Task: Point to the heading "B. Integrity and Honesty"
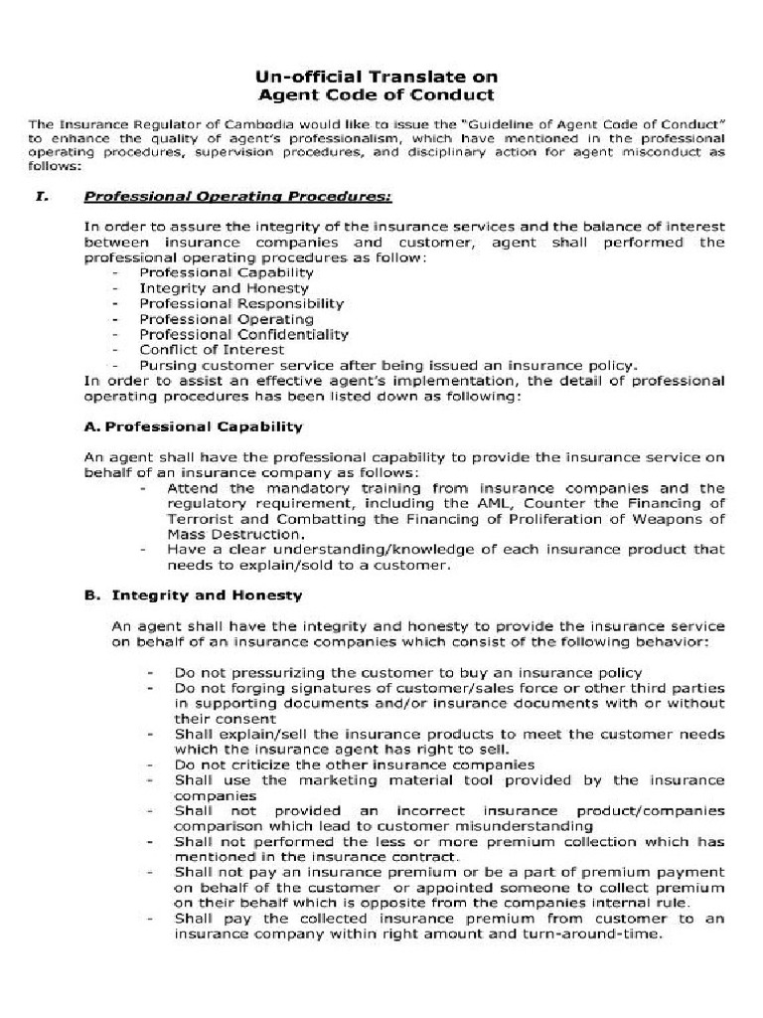tap(194, 595)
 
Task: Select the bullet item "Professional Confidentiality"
tap(244, 334)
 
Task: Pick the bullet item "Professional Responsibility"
tap(241, 303)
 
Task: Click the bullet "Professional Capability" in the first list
tap(227, 272)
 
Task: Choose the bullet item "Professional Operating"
tap(227, 319)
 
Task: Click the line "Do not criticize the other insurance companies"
tap(355, 764)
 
